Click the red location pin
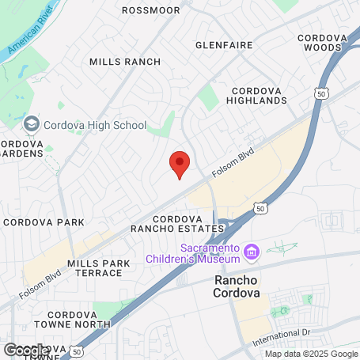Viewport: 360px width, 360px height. click(x=180, y=164)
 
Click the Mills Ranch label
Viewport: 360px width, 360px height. click(x=125, y=62)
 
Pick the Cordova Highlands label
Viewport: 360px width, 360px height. click(x=256, y=95)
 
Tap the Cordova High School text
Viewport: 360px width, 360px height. click(x=95, y=125)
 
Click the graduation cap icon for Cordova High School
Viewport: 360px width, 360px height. click(x=31, y=124)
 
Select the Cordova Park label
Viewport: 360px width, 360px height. click(x=44, y=222)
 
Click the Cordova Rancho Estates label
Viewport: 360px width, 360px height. click(x=188, y=223)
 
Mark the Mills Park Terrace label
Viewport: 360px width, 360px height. click(x=95, y=267)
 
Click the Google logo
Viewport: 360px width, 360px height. click(x=25, y=350)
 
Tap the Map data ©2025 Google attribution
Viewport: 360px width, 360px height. click(x=311, y=354)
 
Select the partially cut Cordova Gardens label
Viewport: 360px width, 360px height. click(x=16, y=149)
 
